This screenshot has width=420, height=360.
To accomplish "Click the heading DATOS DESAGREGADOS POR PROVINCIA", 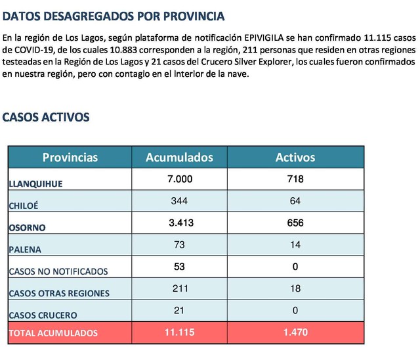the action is (114, 16).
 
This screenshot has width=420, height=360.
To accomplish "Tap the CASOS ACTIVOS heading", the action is (46, 118).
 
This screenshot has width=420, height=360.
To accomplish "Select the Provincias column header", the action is (70, 158).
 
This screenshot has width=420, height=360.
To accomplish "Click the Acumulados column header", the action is (179, 158).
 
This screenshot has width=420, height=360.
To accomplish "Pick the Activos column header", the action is (295, 158).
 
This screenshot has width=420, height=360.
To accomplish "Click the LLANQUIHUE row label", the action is (36, 184).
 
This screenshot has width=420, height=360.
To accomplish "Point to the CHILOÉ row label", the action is (24, 206).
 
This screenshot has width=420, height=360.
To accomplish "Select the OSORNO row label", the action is (28, 228).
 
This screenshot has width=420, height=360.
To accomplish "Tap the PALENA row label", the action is (25, 250).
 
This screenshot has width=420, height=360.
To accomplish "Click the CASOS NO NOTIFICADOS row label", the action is (58, 271).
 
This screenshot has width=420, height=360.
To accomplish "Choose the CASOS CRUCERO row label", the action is (43, 315).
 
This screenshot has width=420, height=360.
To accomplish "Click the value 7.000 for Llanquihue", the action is (180, 179).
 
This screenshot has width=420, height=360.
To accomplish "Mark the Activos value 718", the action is (295, 179).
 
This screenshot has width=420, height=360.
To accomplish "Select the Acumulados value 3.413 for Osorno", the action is (181, 223).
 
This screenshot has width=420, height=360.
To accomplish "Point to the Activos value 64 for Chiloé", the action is (295, 201).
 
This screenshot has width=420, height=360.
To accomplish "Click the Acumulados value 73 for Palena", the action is (179, 245).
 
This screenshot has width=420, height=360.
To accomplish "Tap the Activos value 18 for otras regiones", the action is (295, 288).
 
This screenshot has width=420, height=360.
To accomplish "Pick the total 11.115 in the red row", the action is (180, 332).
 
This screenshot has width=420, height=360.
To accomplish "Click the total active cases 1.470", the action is (296, 332).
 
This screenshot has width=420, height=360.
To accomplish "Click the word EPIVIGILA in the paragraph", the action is (264, 38).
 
